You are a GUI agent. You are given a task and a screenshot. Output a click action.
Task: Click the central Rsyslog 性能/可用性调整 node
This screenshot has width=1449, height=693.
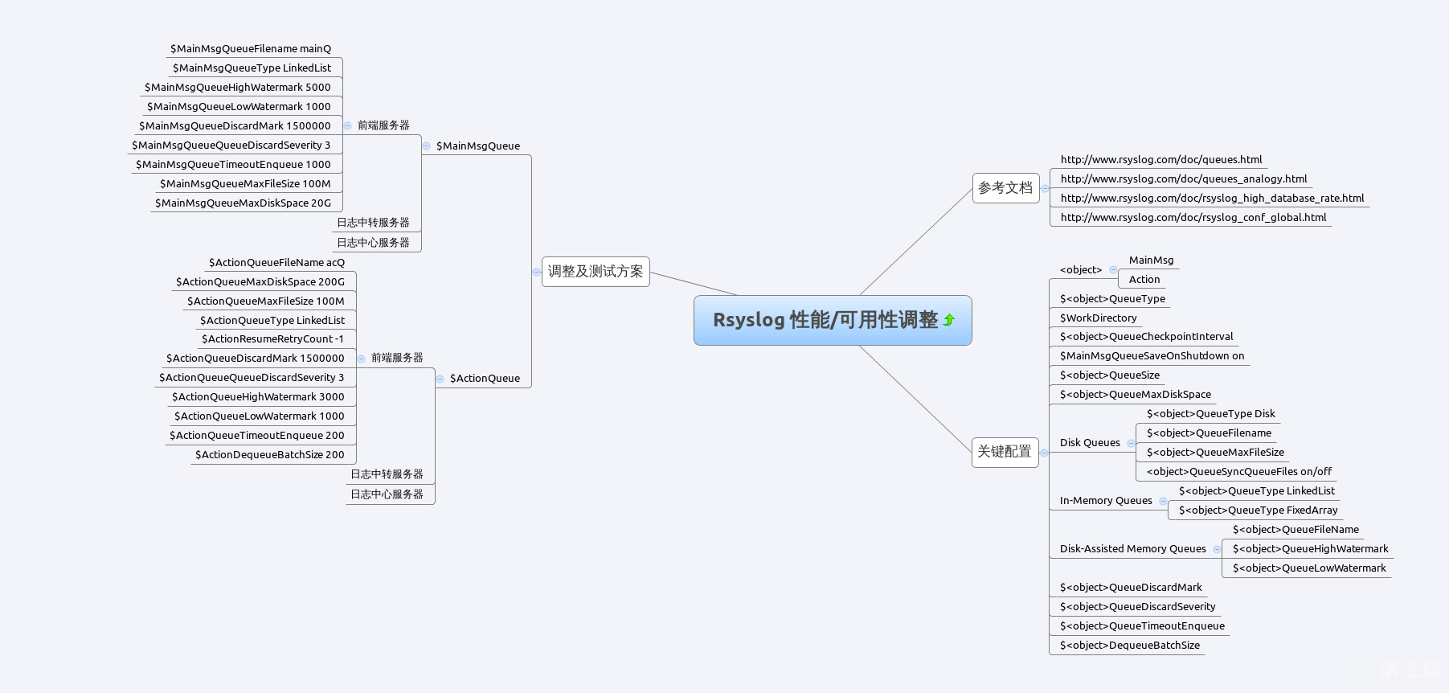(825, 320)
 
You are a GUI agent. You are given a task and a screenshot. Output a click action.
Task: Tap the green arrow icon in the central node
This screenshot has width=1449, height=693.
(949, 320)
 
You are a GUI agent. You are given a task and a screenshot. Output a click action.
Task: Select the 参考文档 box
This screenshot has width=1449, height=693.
(1005, 188)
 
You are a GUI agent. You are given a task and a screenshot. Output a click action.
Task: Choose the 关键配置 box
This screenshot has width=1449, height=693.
(1005, 452)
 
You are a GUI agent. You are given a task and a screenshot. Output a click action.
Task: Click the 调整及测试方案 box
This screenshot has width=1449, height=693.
(596, 272)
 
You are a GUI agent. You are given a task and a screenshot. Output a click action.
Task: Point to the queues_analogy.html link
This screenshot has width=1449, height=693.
(1183, 179)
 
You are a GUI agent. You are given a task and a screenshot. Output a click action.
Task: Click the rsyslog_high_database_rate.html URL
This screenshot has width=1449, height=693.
(1212, 199)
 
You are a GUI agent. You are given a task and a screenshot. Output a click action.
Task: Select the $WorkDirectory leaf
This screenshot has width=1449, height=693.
(1098, 318)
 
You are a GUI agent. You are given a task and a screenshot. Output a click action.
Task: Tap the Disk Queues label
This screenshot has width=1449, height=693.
(1090, 443)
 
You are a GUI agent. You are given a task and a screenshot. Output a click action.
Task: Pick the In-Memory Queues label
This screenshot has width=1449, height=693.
(1106, 501)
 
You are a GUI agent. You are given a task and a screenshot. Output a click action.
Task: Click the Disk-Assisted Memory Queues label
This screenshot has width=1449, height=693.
(1132, 549)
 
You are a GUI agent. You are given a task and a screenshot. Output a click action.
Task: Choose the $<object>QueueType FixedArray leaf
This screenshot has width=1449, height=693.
(1258, 511)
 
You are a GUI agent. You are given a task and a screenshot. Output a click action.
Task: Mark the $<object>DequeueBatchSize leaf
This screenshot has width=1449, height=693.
(1129, 646)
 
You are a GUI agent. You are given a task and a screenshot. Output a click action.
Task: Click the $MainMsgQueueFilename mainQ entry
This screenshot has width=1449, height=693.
(251, 49)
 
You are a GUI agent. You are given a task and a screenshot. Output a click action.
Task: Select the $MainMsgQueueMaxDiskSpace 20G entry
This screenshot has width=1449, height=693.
(243, 203)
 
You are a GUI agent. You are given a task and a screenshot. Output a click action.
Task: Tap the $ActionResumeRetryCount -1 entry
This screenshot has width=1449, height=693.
(272, 339)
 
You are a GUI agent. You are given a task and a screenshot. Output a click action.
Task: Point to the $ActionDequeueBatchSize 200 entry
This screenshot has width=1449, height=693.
(269, 455)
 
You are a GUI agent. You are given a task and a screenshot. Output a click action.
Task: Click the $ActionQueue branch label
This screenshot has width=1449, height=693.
(485, 379)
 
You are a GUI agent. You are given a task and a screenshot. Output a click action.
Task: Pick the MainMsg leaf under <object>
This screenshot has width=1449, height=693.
(1151, 260)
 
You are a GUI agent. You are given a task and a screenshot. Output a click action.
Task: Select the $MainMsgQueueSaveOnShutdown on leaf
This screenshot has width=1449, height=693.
(1152, 356)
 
